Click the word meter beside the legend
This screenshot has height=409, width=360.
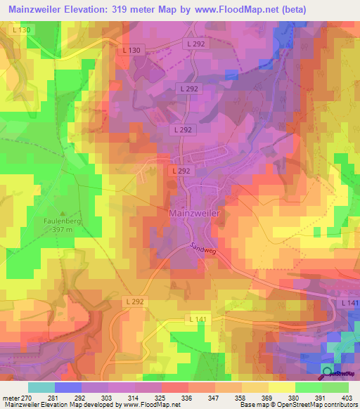(x=11, y=398)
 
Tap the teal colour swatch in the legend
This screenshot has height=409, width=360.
(x=41, y=387)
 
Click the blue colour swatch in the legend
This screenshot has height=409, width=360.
(x=68, y=387)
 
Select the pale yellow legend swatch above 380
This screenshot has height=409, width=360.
(x=282, y=387)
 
